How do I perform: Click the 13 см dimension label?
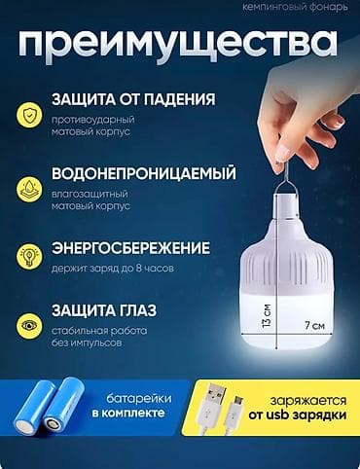265,317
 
